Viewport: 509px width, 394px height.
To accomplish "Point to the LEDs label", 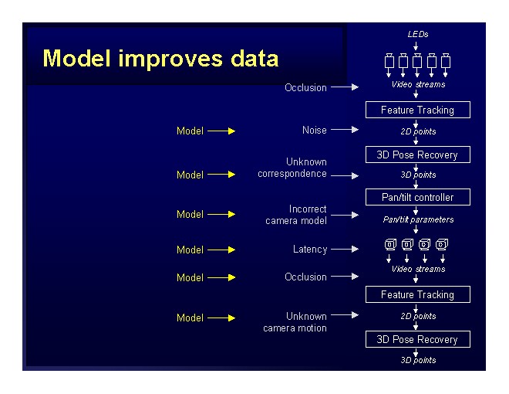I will point(418,35).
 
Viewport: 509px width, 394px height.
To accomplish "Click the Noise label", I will point(314,131).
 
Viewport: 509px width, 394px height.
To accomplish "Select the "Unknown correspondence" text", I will point(294,168).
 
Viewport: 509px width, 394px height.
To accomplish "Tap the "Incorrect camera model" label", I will point(296,215).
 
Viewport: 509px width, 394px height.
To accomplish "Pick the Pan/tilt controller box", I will point(417,197).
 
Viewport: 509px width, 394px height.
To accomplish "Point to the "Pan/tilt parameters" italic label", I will point(418,219).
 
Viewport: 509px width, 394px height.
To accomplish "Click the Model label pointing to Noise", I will point(190,131).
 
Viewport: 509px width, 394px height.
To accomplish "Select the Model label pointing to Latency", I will point(190,250).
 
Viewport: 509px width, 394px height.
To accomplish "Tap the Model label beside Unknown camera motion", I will point(190,318).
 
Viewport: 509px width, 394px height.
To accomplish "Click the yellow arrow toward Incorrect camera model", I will point(221,215).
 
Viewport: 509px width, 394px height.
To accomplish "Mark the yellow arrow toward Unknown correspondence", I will point(221,175).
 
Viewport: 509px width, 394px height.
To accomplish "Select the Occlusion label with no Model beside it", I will point(305,88).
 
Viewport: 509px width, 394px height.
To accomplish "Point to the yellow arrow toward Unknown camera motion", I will point(221,318).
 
